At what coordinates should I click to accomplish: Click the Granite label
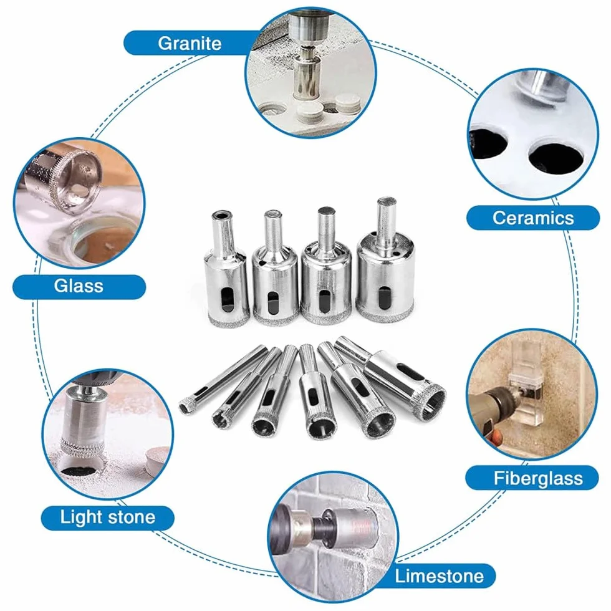click(190, 43)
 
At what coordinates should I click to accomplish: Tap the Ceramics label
click(532, 218)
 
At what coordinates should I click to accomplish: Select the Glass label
click(79, 286)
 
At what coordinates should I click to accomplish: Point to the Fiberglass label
click(537, 478)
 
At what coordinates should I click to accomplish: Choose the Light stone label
click(107, 517)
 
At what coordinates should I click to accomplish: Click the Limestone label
click(439, 575)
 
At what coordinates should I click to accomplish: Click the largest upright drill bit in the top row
click(385, 260)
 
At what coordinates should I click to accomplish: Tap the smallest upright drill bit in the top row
click(226, 269)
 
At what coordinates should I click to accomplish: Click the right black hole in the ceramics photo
click(556, 157)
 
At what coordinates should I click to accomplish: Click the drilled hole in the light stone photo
click(82, 466)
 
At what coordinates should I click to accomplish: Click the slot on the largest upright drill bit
click(384, 297)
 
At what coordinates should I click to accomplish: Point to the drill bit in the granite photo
click(307, 74)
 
